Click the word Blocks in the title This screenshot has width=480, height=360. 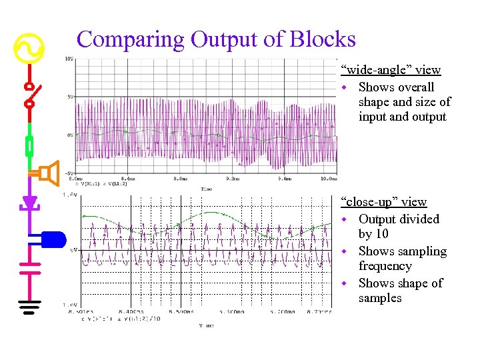coord(323,39)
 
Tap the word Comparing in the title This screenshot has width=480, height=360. coord(131,39)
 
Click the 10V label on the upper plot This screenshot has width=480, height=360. coord(69,59)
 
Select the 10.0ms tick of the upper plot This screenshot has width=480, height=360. coord(329,179)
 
